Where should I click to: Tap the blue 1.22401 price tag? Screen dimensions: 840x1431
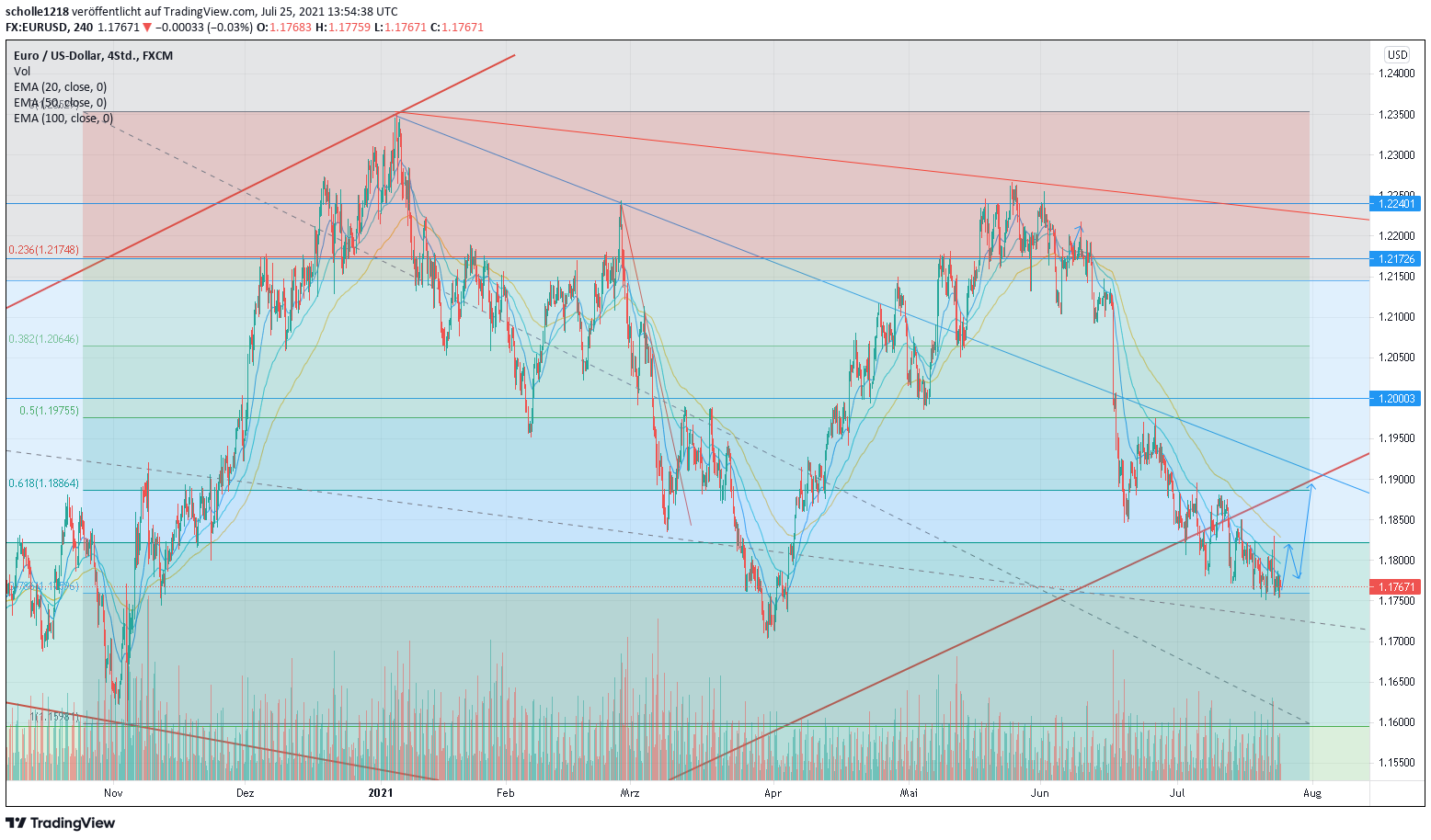1396,203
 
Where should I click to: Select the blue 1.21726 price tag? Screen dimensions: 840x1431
1396,259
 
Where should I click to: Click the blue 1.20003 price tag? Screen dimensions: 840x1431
1396,399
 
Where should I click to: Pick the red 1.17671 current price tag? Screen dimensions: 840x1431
1396,586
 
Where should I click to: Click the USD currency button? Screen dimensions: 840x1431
1397,55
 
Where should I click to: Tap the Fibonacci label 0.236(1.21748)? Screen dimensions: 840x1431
43,250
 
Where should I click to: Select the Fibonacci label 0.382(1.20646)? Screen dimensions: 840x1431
43,339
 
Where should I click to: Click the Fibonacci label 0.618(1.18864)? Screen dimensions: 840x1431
43,483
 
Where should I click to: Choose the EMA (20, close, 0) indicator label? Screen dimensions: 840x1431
60,87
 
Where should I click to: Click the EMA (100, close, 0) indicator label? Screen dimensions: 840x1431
63,119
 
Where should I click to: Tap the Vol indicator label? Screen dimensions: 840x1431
22,71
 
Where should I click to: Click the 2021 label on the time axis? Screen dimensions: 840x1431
380,792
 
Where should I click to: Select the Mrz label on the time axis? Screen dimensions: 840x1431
630,792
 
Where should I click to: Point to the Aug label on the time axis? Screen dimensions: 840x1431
1312,792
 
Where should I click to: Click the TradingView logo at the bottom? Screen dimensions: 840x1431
61,823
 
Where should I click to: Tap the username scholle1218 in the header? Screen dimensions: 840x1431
37,12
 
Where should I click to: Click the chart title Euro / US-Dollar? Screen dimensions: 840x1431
58,55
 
